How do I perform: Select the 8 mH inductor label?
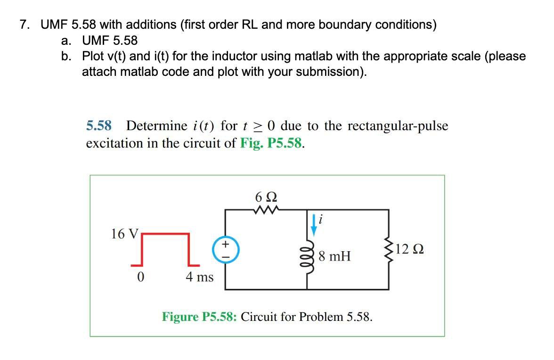point(334,257)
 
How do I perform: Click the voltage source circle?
point(225,250)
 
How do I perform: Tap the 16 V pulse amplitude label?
point(125,234)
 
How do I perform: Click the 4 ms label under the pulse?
point(199,277)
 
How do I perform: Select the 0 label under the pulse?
point(140,277)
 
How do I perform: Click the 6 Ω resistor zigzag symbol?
point(267,209)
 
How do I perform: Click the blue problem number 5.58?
point(99,126)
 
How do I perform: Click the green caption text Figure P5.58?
point(200,316)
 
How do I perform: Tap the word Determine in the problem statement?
point(157,126)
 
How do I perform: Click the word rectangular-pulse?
point(398,126)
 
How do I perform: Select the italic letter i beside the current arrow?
point(321,219)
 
